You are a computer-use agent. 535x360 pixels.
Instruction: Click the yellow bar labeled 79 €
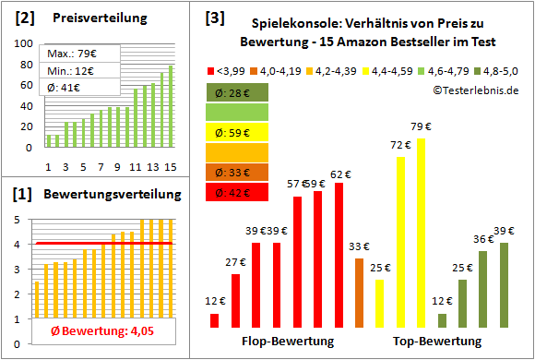pos(421,233)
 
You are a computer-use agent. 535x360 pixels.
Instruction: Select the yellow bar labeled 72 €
pos(400,242)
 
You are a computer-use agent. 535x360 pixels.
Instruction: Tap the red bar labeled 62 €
pos(339,255)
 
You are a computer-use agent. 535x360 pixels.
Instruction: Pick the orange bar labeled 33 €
pos(359,293)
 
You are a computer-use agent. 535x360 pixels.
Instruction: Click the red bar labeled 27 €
pos(235,300)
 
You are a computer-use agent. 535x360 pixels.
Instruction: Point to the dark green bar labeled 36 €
pos(482,289)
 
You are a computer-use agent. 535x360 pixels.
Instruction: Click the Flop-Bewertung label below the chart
pos(287,341)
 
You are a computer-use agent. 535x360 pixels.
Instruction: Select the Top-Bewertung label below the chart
pos(436,341)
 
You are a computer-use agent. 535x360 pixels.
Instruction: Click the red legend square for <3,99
pos(211,71)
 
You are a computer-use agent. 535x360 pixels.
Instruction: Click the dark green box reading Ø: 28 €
pos(238,92)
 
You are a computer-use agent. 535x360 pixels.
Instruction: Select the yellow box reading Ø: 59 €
pos(238,132)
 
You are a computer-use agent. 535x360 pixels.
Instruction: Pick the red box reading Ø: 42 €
pos(238,192)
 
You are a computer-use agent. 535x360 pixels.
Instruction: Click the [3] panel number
pos(214,17)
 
